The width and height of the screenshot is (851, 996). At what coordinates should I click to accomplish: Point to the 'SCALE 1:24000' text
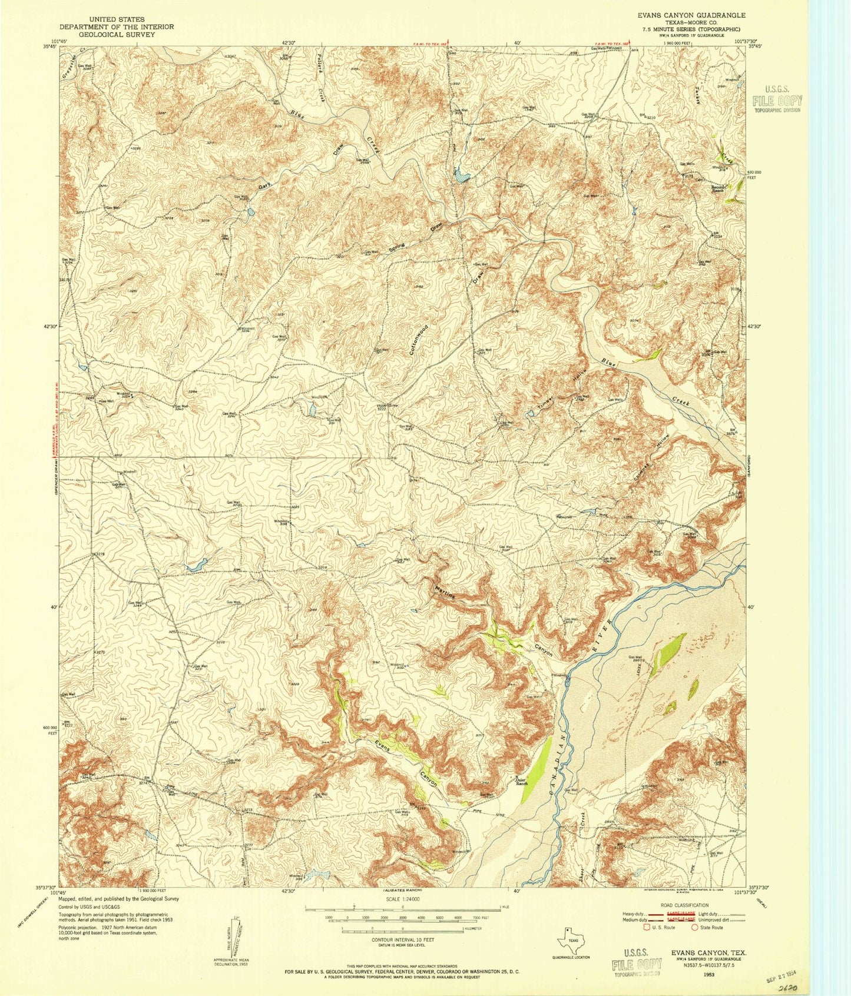(x=402, y=899)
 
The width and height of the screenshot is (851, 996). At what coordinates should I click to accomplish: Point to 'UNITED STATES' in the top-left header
(x=116, y=19)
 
